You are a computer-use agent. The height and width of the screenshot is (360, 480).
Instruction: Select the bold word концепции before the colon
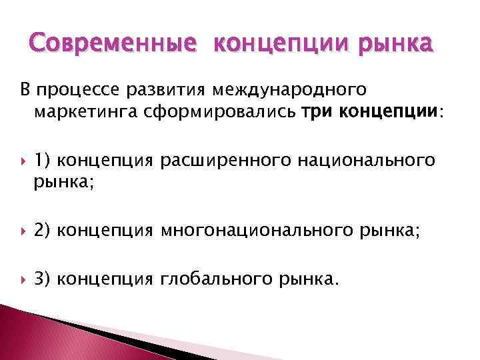[x=389, y=111]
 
